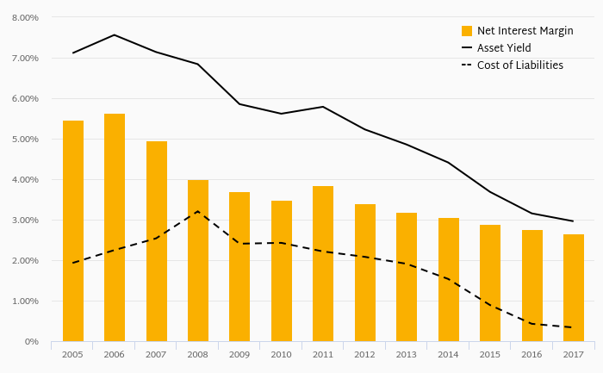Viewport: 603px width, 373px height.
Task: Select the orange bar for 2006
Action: (115, 227)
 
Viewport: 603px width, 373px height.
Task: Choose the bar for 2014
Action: (449, 279)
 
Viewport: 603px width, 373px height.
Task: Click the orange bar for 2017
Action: (574, 288)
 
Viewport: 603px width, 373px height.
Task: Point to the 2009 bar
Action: (239, 266)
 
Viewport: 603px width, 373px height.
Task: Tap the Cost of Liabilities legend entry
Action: (519, 65)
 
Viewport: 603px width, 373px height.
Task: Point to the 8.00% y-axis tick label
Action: (25, 17)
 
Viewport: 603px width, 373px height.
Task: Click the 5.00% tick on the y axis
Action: (25, 139)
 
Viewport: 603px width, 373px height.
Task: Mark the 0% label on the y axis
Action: (32, 342)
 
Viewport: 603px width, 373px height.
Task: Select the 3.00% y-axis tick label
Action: (25, 221)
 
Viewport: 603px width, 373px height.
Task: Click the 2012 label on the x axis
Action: (365, 354)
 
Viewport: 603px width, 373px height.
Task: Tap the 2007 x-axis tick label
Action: (156, 354)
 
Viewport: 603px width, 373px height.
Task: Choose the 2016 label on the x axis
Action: (532, 354)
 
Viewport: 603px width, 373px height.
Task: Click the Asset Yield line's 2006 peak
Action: (115, 35)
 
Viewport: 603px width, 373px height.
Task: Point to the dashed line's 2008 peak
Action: (198, 211)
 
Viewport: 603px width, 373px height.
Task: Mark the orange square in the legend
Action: (467, 31)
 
